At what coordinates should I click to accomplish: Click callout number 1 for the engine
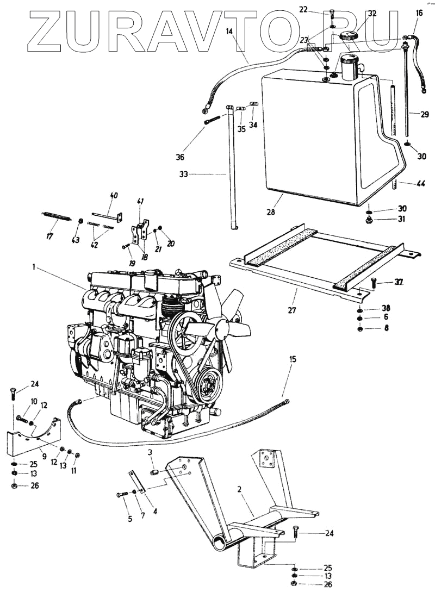pos(34,267)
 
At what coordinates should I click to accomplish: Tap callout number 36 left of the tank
pos(180,157)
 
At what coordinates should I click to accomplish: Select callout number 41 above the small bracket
pos(141,202)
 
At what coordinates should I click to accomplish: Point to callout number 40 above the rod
pos(114,195)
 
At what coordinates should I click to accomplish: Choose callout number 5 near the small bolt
pos(130,519)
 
